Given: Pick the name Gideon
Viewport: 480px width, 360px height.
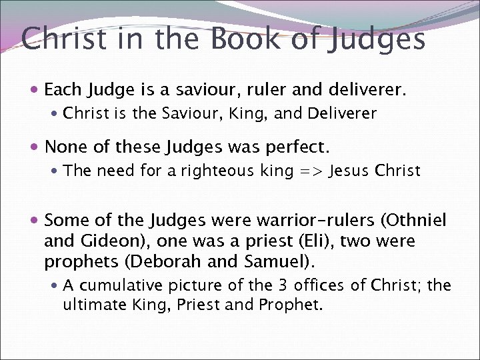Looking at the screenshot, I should pyautogui.click(x=106, y=240).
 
